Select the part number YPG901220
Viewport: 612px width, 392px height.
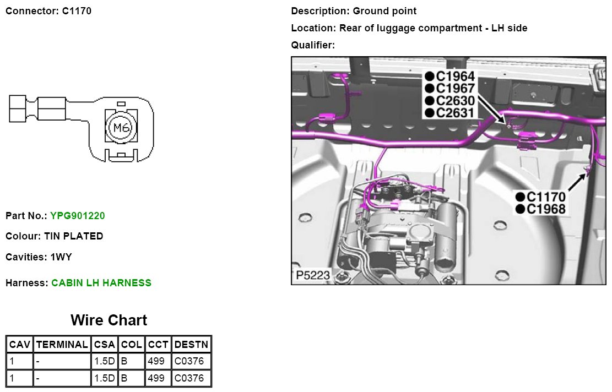[77, 216]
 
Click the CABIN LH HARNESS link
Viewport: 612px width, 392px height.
[101, 283]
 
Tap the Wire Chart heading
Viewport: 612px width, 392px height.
[109, 320]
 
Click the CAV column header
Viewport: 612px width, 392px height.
[20, 345]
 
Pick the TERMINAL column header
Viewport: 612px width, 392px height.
[62, 345]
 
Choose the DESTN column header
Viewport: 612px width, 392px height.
[191, 345]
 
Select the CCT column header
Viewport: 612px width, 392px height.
[158, 345]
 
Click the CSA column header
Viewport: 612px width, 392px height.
[104, 345]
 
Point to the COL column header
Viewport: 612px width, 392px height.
[131, 345]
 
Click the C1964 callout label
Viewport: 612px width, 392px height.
[454, 77]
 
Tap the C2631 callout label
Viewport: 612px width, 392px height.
[454, 113]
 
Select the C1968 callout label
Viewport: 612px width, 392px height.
[545, 209]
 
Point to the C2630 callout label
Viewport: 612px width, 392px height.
[454, 101]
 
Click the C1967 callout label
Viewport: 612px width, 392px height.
[454, 89]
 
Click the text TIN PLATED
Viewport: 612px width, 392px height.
[73, 236]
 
